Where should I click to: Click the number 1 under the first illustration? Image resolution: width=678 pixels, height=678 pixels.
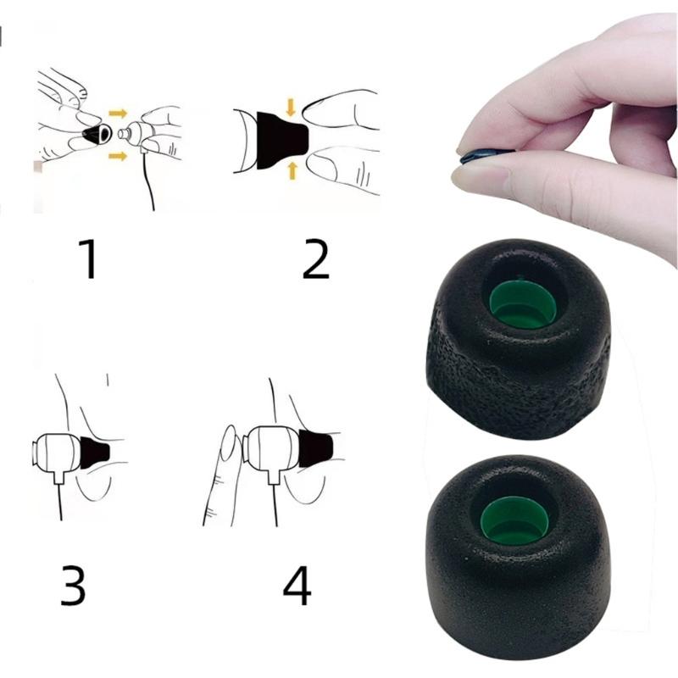click(87, 259)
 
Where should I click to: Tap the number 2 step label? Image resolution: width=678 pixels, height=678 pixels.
click(315, 259)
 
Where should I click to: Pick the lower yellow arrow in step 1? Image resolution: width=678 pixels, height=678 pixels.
click(118, 155)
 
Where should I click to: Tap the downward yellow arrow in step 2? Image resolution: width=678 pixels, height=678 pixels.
click(291, 106)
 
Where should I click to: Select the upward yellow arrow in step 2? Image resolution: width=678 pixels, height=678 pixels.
click(292, 170)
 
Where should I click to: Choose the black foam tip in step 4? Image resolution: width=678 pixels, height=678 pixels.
click(314, 449)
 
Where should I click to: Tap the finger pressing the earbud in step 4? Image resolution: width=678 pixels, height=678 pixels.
click(222, 475)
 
